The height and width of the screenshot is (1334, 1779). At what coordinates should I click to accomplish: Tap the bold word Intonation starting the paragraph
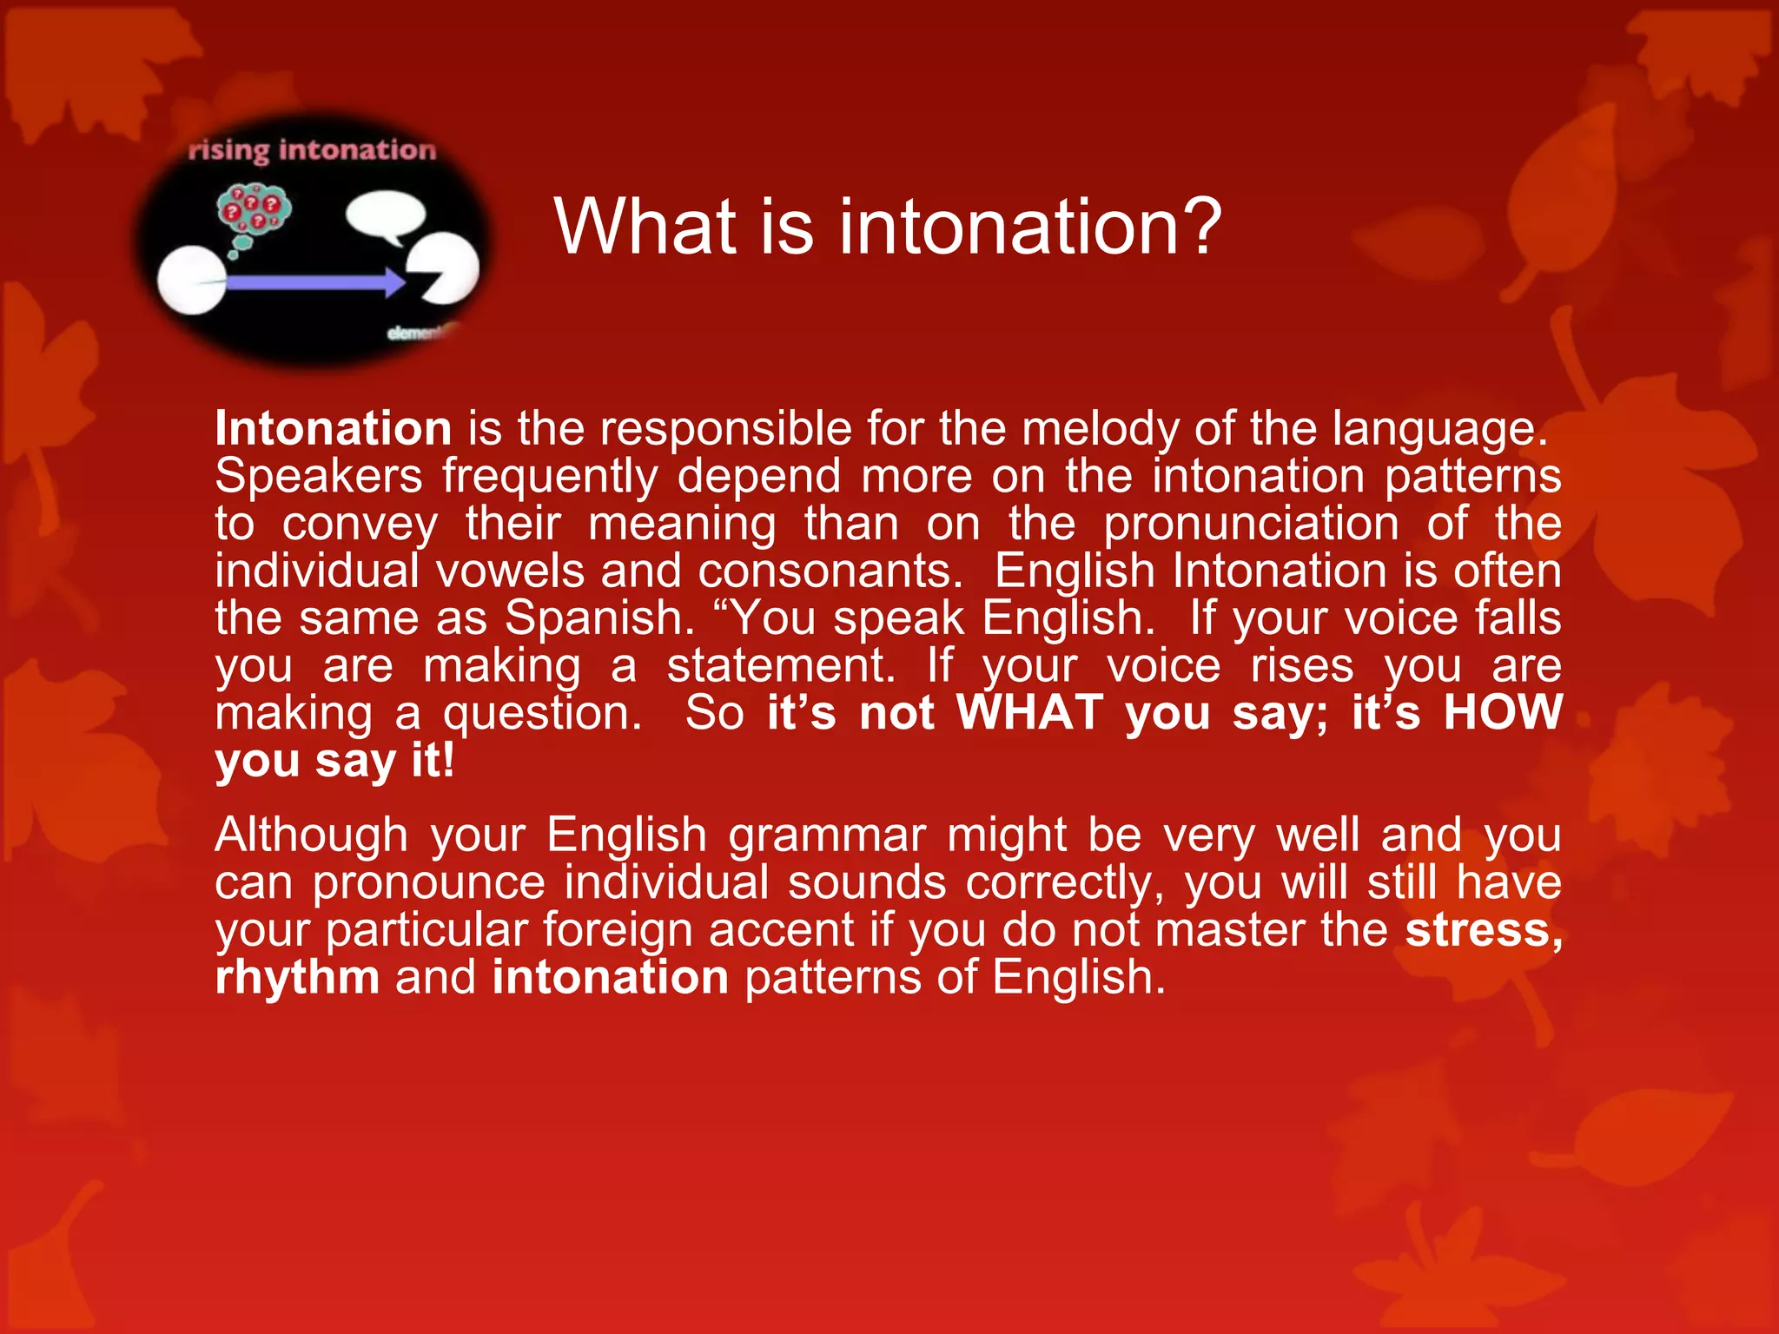click(334, 429)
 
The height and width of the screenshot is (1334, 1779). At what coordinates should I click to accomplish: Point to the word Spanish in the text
click(599, 618)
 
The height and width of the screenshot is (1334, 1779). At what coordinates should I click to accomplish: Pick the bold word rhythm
click(297, 977)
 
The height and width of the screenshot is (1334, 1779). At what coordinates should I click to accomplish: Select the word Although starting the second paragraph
click(311, 835)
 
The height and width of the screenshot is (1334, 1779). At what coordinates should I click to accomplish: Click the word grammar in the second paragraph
click(826, 835)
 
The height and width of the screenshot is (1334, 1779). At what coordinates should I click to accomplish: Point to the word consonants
click(830, 571)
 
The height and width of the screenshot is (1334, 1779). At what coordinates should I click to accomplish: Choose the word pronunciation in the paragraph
click(1251, 524)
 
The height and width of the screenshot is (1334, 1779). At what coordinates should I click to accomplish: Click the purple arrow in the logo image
click(313, 282)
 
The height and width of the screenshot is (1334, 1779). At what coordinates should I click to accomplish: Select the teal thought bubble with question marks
click(253, 211)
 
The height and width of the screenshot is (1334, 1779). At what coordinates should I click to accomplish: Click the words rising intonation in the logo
click(312, 150)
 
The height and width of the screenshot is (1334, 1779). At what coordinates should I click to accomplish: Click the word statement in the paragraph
click(781, 666)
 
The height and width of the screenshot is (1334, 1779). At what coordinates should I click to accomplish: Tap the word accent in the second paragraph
click(781, 929)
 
